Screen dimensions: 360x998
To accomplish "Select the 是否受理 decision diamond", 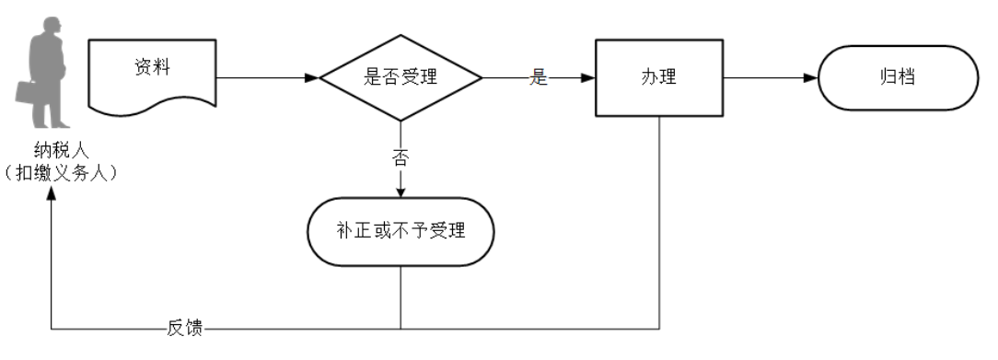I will (x=400, y=78).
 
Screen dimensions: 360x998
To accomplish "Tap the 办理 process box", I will (x=658, y=78).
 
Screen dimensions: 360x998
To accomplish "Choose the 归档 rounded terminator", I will (x=898, y=78).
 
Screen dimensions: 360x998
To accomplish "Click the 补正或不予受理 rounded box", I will (x=400, y=230).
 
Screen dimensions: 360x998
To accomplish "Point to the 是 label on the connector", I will (x=539, y=78).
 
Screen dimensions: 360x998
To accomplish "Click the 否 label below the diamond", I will (x=400, y=157).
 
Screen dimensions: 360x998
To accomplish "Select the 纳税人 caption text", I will (x=52, y=150).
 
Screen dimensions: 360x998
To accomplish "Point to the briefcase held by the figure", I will (x=26, y=92).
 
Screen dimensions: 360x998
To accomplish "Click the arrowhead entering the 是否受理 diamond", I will (x=312, y=78).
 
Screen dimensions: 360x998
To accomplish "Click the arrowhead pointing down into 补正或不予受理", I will (x=400, y=192).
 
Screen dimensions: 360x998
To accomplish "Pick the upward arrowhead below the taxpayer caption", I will (x=52, y=197).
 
